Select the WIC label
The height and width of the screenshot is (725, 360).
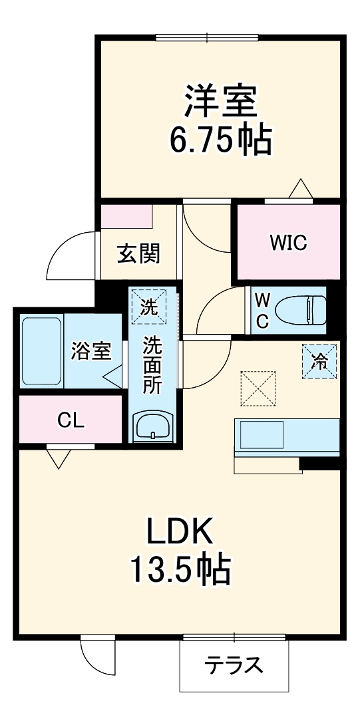pyautogui.click(x=289, y=242)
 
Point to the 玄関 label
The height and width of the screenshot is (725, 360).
pyautogui.click(x=138, y=253)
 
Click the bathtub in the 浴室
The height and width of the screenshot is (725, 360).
pyautogui.click(x=42, y=351)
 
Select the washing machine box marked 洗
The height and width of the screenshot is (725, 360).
pyautogui.click(x=148, y=306)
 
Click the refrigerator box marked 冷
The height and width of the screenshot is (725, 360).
pyautogui.click(x=319, y=361)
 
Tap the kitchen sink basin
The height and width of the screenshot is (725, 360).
pyautogui.click(x=262, y=434)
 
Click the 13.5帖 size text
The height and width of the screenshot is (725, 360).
pyautogui.click(x=180, y=571)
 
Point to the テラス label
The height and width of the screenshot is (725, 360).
pyautogui.click(x=234, y=665)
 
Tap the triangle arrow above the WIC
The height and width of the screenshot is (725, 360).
pyautogui.click(x=301, y=189)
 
